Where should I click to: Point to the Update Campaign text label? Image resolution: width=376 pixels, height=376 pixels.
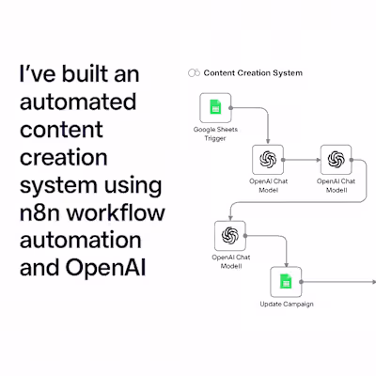286,305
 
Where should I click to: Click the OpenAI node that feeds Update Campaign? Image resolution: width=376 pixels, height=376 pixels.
228,235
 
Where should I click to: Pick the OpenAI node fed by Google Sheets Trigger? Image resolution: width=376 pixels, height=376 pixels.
268,159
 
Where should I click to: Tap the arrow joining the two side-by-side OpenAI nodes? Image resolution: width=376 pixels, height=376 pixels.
302,159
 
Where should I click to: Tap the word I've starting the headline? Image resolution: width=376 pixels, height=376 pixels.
31,73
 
